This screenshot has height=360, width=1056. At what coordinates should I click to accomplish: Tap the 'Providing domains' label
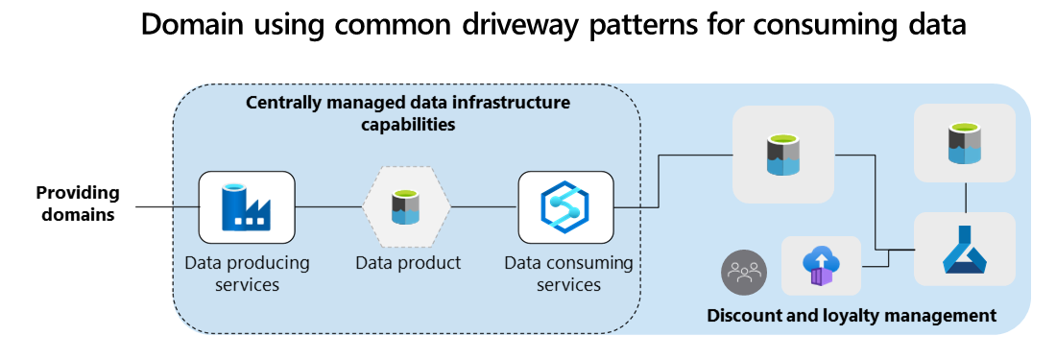(x=78, y=204)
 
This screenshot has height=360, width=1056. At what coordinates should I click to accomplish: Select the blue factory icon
(x=247, y=207)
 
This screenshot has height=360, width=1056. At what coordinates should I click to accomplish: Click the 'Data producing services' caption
(x=247, y=274)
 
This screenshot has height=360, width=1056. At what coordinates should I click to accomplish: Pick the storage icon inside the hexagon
(x=406, y=207)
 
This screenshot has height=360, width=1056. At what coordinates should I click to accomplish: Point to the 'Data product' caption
(x=408, y=262)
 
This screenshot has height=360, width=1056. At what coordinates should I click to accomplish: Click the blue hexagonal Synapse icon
(x=565, y=207)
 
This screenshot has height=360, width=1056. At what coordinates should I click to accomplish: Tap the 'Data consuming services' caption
(x=568, y=274)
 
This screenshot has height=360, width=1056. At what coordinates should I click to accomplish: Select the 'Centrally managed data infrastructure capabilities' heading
(x=407, y=113)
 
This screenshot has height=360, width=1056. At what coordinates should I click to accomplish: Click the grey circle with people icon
(x=744, y=273)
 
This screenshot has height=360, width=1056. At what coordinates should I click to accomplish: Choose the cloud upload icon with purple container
(x=822, y=266)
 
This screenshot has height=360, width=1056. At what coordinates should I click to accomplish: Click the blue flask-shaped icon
(x=965, y=250)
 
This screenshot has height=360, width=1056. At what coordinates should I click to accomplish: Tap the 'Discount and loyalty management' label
(x=852, y=315)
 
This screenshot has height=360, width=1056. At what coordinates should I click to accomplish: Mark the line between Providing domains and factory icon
(x=167, y=206)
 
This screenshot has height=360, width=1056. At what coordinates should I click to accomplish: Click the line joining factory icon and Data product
(x=329, y=206)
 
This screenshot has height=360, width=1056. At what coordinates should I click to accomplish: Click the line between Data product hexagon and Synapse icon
(x=484, y=206)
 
